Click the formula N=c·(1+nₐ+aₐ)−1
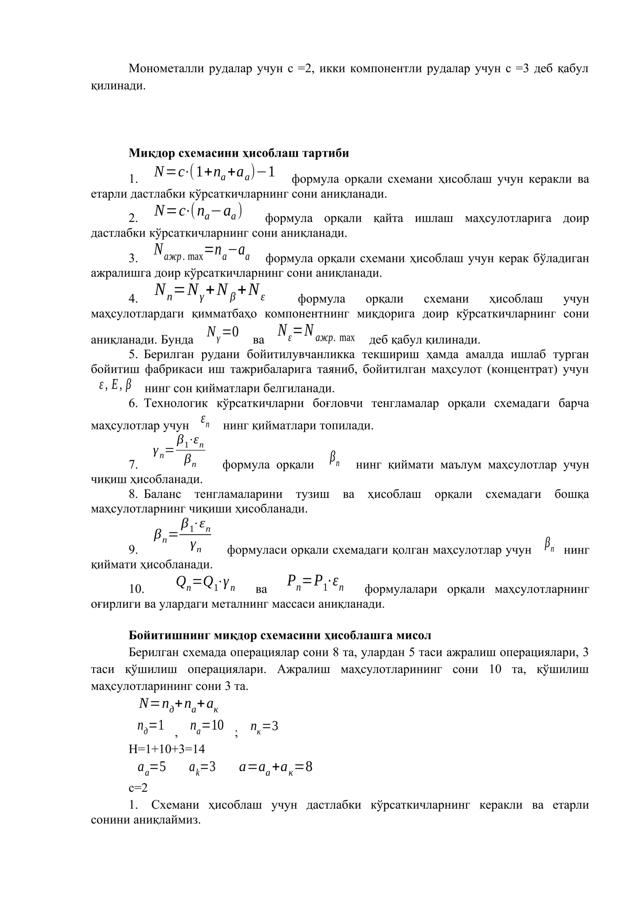214,172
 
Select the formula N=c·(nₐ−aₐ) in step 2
198,211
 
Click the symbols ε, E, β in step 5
115,385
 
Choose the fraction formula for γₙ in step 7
179,451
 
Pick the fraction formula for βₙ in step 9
182,537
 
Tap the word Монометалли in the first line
165,69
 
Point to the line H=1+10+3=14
167,749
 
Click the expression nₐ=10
207,726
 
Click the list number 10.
137,589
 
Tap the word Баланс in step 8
162,494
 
